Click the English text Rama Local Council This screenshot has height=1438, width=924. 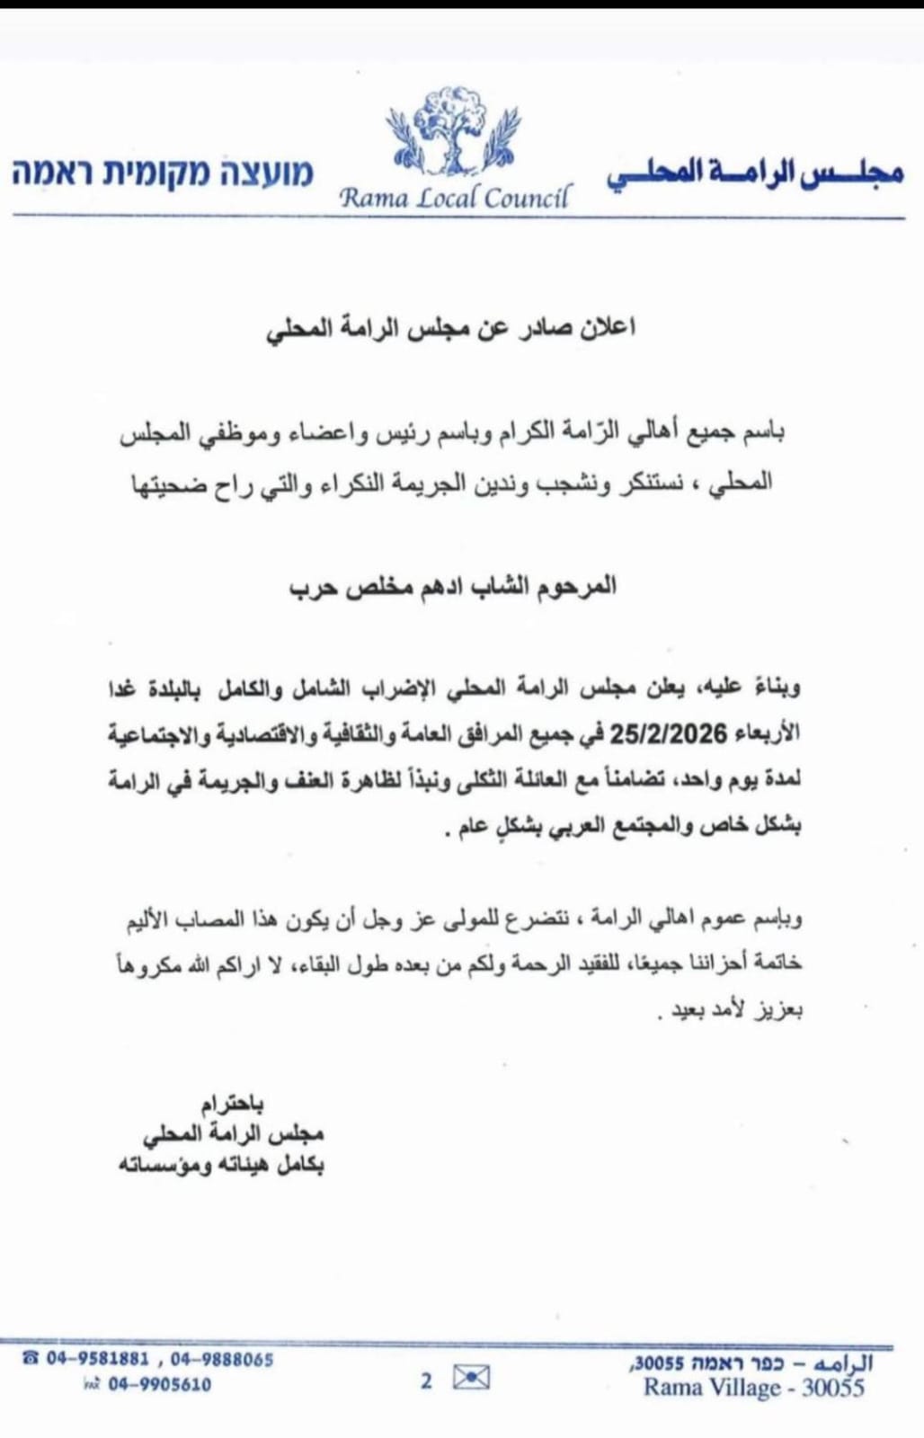point(454,197)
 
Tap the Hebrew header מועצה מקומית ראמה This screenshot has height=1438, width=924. point(163,173)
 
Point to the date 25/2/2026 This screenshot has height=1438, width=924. point(668,735)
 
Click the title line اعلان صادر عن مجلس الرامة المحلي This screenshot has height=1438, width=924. point(451,328)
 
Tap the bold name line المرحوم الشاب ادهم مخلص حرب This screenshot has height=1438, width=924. point(452,587)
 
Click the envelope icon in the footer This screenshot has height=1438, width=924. point(471,1378)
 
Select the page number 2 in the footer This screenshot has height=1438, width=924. point(426,1380)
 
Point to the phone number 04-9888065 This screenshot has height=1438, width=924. point(221,1360)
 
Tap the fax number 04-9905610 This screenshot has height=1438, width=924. point(160,1385)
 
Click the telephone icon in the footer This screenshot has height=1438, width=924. point(30,1359)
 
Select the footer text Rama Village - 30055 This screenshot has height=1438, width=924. point(753,1388)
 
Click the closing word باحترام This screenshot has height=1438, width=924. point(232,1103)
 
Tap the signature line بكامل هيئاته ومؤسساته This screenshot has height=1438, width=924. point(221,1166)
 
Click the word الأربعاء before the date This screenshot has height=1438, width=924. point(765,735)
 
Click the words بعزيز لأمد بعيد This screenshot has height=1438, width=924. point(732,1010)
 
